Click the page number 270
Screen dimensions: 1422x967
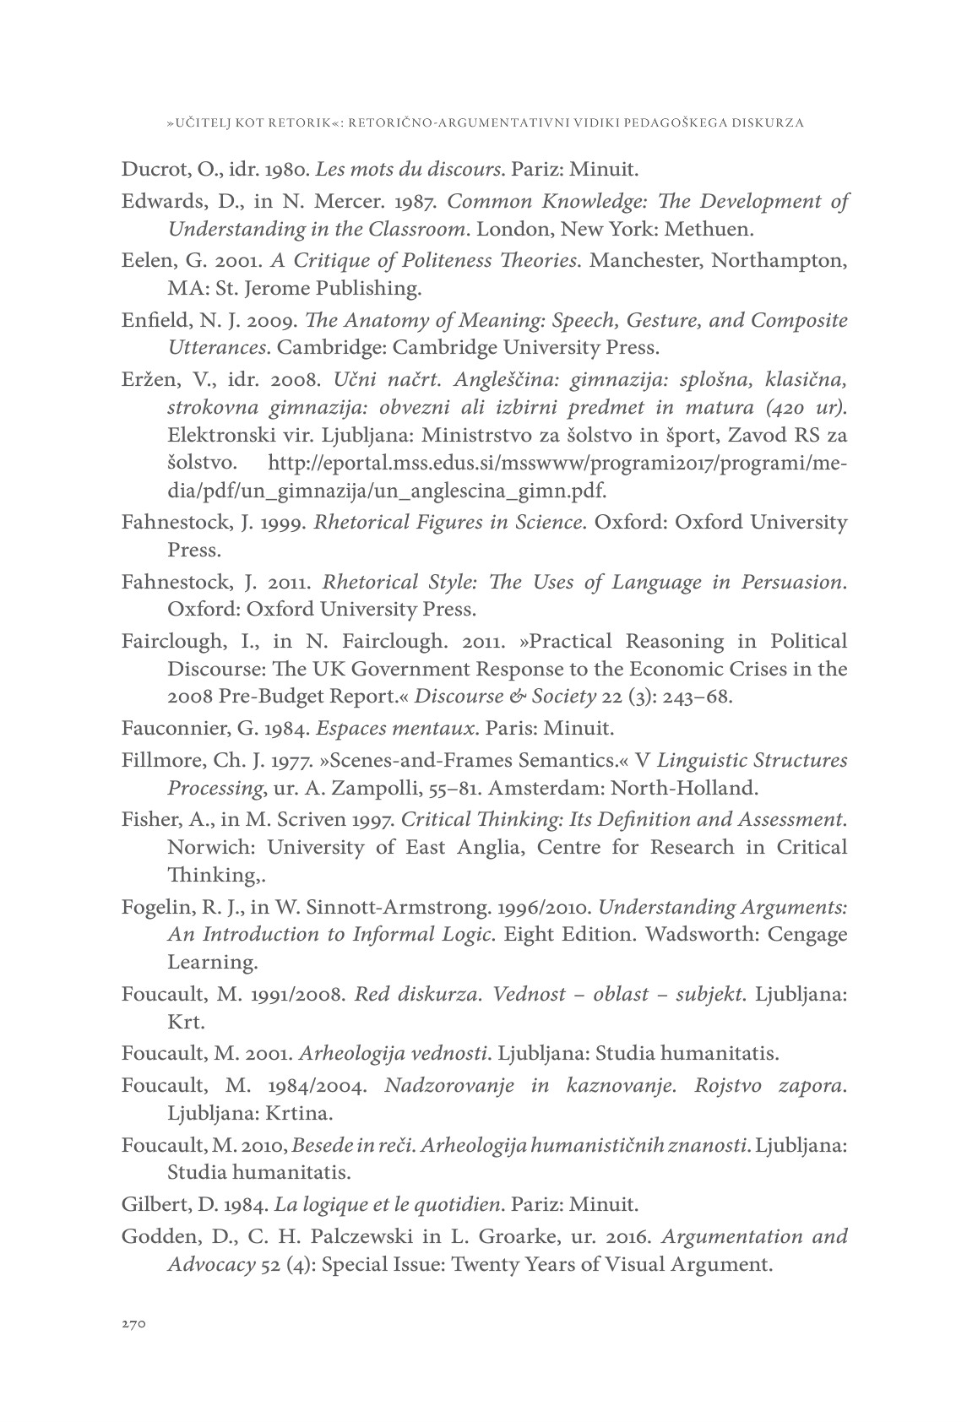(134, 1325)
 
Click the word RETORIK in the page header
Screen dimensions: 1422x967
(299, 123)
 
